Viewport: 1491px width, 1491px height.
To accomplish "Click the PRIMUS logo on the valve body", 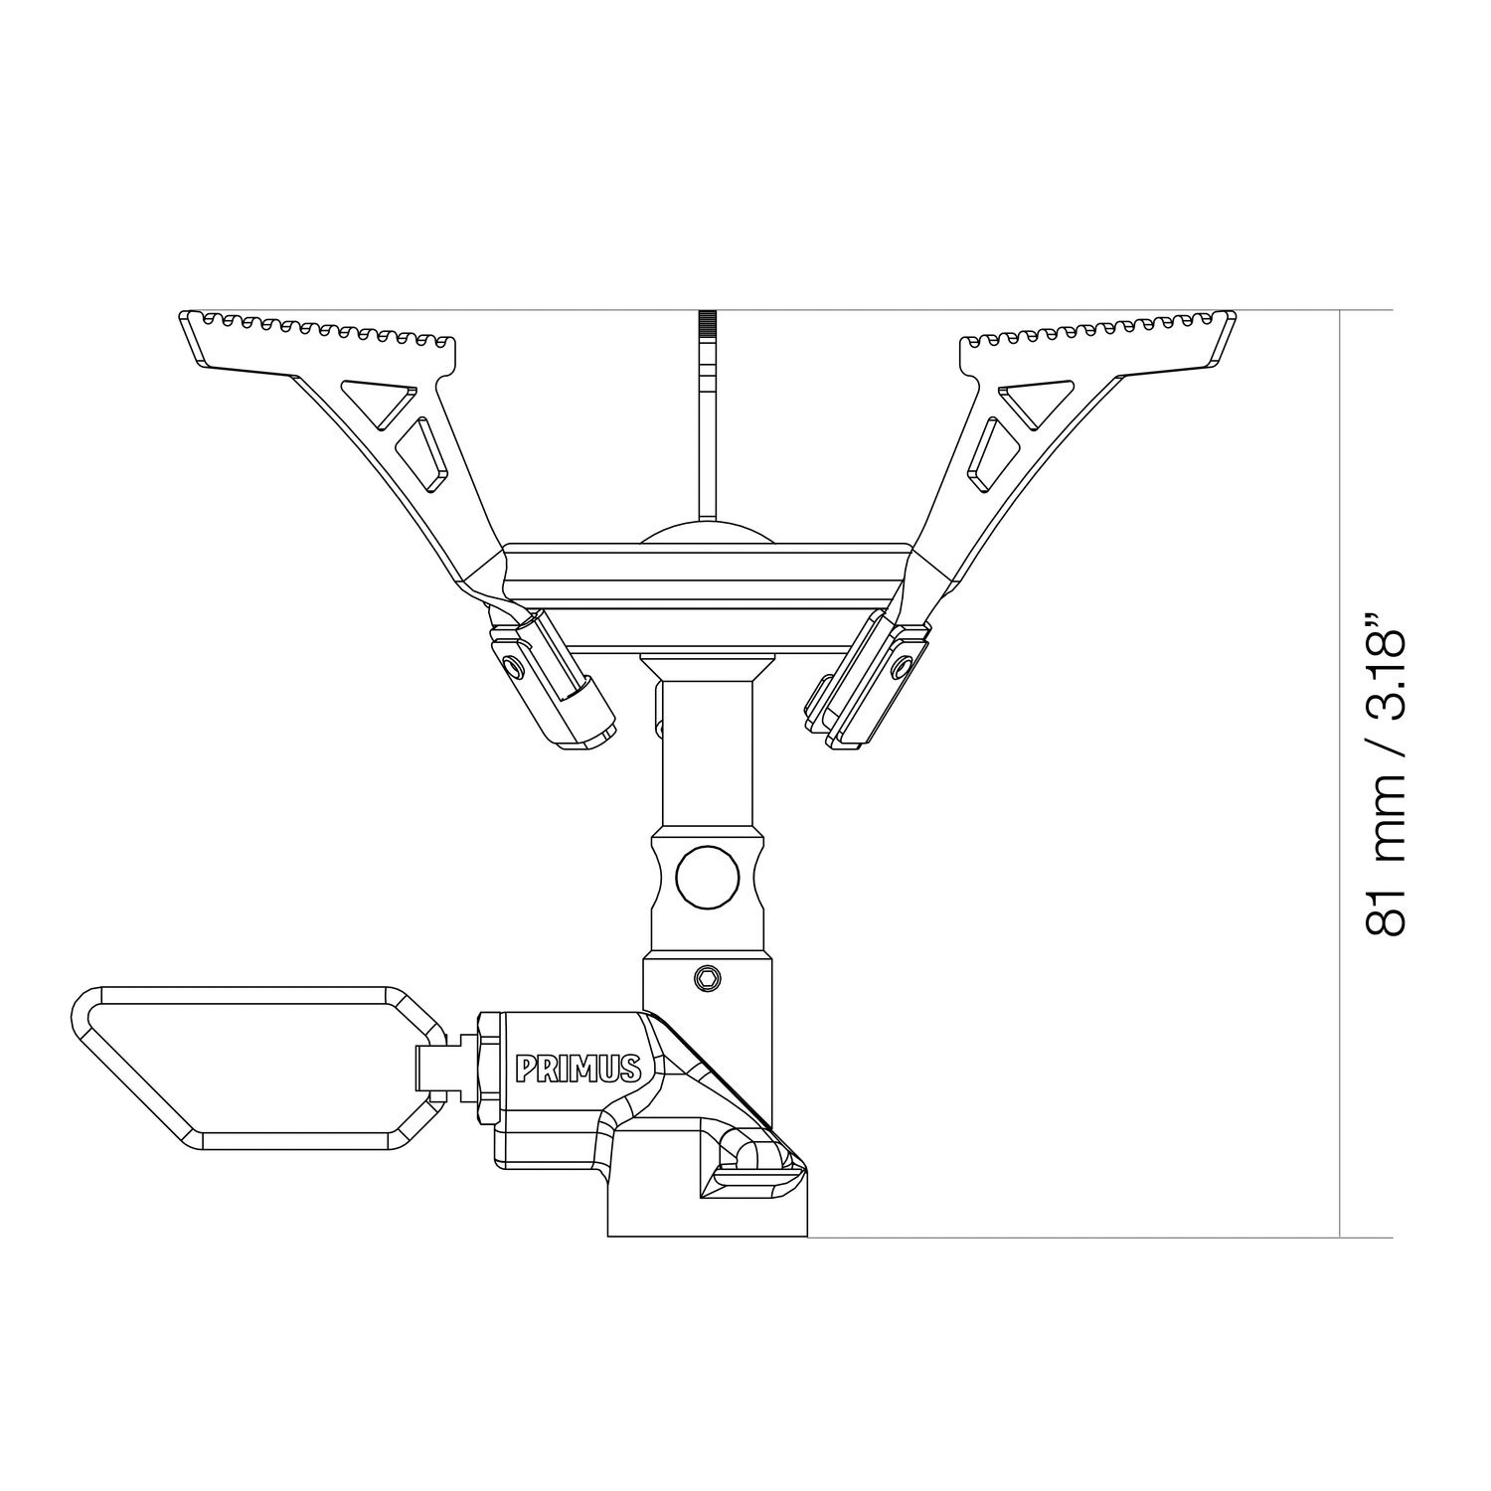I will [x=578, y=1069].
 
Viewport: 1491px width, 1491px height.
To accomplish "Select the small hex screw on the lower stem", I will [x=707, y=978].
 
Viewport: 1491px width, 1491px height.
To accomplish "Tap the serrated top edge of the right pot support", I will [x=1093, y=328].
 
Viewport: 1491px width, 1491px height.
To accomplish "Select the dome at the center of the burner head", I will [x=707, y=532].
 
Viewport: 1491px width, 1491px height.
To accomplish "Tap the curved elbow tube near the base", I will [x=760, y=1153].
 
